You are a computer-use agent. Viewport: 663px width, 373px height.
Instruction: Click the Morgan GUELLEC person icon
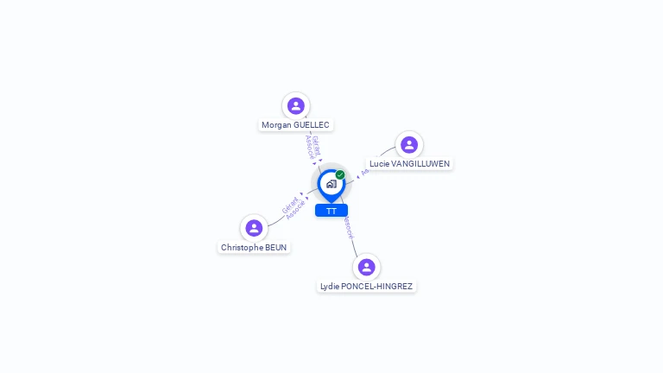pos(296,105)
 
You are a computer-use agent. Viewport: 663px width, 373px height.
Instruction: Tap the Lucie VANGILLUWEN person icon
pos(409,144)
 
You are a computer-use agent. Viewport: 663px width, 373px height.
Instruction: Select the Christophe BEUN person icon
pos(254,228)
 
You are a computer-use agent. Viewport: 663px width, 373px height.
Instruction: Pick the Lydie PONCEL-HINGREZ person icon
pos(367,267)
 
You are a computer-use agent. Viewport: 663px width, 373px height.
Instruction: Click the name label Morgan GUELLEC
pos(296,125)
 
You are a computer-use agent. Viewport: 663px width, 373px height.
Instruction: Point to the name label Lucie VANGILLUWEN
pos(409,164)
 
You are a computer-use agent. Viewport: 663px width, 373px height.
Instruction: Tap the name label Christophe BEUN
pos(254,248)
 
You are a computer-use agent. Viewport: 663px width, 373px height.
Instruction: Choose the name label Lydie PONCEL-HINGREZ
pos(367,287)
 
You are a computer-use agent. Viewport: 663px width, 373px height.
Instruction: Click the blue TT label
pos(331,211)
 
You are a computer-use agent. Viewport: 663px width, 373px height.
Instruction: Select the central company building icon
pos(331,184)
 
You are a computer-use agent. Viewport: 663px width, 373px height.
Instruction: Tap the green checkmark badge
pos(340,174)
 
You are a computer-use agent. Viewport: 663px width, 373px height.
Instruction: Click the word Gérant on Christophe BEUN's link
pos(289,205)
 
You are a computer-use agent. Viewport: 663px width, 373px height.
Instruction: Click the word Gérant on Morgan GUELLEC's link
pos(317,144)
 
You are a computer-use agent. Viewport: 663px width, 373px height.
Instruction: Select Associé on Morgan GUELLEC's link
pos(310,147)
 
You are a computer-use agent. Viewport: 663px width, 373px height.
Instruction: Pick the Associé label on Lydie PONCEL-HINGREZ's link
pos(348,226)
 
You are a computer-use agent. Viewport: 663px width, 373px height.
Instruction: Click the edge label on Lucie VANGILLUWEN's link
pos(364,172)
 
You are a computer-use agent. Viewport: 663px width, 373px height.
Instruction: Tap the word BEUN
pos(276,248)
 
